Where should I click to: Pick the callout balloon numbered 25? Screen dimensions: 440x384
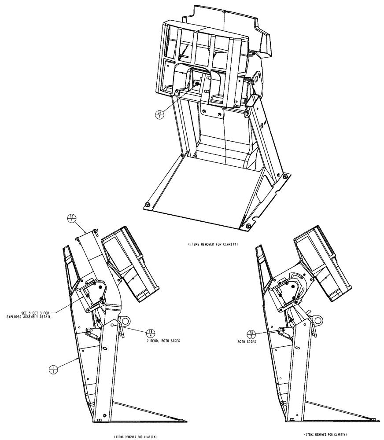pyautogui.click(x=251, y=334)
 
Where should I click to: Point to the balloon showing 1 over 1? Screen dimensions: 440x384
pyautogui.click(x=54, y=369)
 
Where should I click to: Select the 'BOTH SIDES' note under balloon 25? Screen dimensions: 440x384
pyautogui.click(x=247, y=341)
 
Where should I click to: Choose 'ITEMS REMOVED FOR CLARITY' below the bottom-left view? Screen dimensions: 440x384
pyautogui.click(x=135, y=436)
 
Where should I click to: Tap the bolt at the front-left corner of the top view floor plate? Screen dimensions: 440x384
pyautogui.click(x=146, y=204)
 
